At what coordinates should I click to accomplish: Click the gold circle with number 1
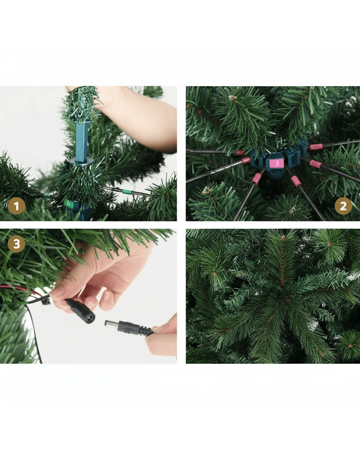pyautogui.click(x=16, y=206)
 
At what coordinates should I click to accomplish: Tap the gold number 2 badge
pyautogui.click(x=343, y=206)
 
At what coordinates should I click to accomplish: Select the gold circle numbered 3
pyautogui.click(x=16, y=244)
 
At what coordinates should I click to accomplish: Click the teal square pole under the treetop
pyautogui.click(x=82, y=142)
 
